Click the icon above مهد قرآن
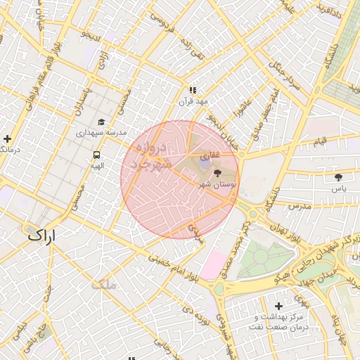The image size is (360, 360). point(193,90)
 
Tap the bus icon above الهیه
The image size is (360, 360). point(96,155)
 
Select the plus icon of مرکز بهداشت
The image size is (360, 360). point(278,306)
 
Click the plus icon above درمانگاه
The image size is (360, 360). point(7,139)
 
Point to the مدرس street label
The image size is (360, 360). point(299,207)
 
